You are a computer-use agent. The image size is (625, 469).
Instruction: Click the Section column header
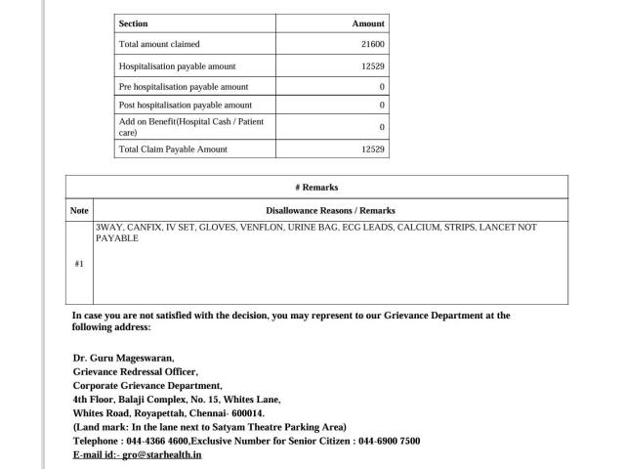click(133, 23)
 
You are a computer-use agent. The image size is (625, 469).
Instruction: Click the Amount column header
click(368, 23)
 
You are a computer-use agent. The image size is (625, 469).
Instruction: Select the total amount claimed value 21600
click(374, 45)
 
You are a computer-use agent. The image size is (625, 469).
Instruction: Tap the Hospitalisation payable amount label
click(177, 66)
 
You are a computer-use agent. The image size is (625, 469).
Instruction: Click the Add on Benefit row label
click(190, 126)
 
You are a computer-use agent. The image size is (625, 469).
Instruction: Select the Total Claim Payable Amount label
click(172, 149)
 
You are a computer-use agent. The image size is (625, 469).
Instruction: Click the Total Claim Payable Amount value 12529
click(373, 149)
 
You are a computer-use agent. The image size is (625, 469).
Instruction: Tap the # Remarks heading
click(316, 188)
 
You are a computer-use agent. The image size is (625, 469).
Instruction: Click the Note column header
click(79, 210)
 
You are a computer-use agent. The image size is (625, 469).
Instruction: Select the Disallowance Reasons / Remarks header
click(330, 210)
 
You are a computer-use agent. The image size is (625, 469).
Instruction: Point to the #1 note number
click(79, 264)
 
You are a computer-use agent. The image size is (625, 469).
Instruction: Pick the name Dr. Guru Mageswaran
click(123, 358)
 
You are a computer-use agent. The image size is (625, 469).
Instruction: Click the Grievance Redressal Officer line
click(135, 371)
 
